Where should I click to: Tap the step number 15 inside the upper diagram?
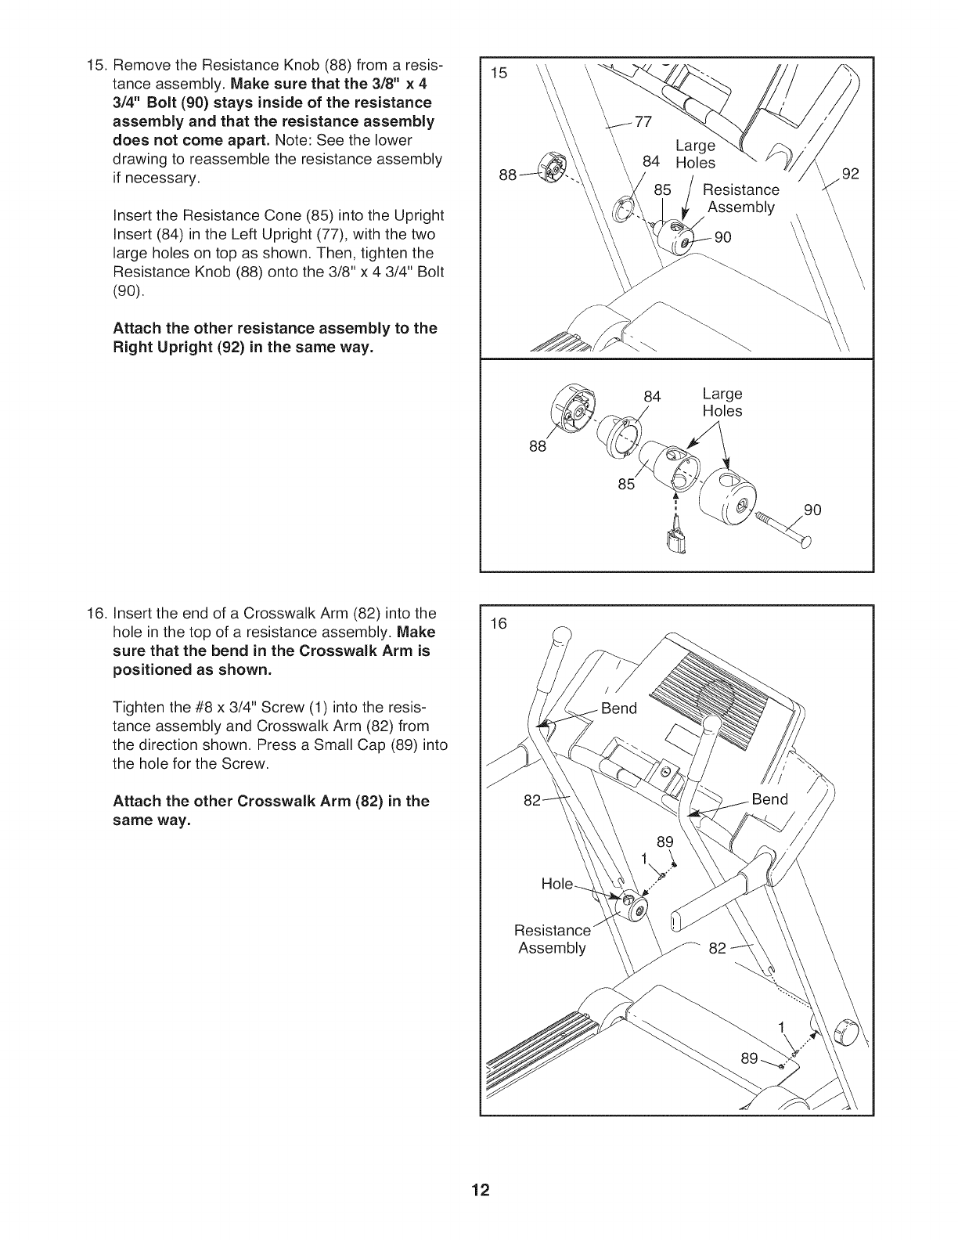coord(499,74)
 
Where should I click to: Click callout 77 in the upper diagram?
coord(643,121)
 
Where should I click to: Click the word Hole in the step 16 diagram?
coord(557,884)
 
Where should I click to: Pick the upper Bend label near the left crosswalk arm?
coord(619,709)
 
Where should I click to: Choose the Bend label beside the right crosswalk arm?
coord(769,799)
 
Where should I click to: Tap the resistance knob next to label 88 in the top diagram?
coord(553,171)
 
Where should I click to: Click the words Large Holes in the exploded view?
coord(722,402)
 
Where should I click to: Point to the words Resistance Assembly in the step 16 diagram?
coord(552,939)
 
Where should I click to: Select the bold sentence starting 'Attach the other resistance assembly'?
coord(275,337)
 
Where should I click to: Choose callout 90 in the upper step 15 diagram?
coord(722,237)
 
